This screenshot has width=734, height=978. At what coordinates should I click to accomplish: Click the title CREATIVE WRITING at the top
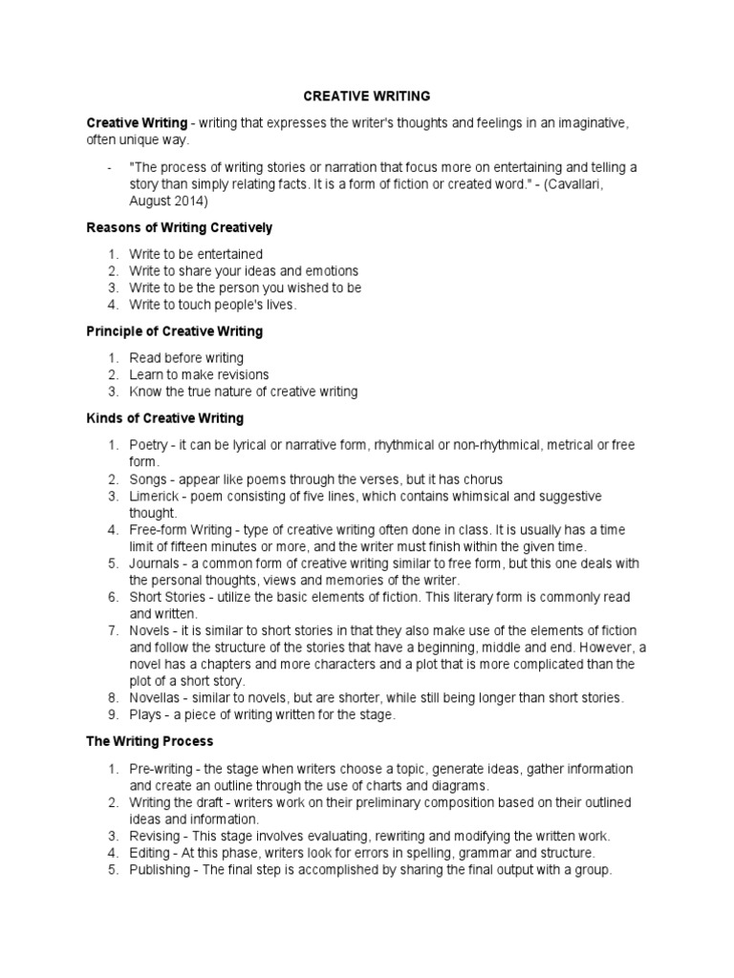coord(367,96)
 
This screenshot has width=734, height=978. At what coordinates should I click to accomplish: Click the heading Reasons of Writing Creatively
coord(180,227)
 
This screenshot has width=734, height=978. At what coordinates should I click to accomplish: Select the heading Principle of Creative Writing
coord(175,331)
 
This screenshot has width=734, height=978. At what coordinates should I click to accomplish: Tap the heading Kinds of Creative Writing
coord(165,418)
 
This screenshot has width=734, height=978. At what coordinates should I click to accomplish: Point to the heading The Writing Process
coord(150,741)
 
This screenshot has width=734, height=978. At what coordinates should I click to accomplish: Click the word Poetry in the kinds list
coord(149,445)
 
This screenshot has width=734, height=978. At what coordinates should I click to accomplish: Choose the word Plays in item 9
coord(146,715)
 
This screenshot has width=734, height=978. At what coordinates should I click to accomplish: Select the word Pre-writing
coord(162,769)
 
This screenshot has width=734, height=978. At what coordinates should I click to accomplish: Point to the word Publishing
coord(159,870)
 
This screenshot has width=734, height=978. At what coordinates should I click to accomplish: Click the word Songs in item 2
coord(148,479)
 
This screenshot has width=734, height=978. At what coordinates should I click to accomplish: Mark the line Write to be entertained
coord(196,254)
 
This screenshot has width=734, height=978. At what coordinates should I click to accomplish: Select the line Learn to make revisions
coord(199,374)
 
